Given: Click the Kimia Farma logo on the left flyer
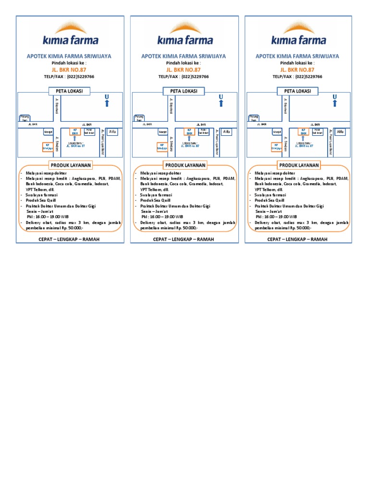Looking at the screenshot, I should click(70, 34).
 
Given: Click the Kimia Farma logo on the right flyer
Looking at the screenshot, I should click(299, 34).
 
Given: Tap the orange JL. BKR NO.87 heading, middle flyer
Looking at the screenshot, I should click(184, 70).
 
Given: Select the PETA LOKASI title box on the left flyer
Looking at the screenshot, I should click(70, 91).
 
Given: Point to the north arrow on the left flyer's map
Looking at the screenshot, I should click(107, 101).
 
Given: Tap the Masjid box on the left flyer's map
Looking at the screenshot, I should click(48, 131).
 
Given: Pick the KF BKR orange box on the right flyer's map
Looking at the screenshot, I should click(304, 132).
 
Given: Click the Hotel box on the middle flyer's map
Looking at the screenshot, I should click(204, 131).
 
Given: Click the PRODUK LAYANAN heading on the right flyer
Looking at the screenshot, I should click(299, 165).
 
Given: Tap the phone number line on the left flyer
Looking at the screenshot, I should click(70, 76).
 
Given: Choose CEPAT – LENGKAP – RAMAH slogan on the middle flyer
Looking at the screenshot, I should click(184, 239).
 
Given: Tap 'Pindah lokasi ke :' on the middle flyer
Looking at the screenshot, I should click(184, 63).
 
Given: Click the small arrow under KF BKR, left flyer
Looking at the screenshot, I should click(75, 139).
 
